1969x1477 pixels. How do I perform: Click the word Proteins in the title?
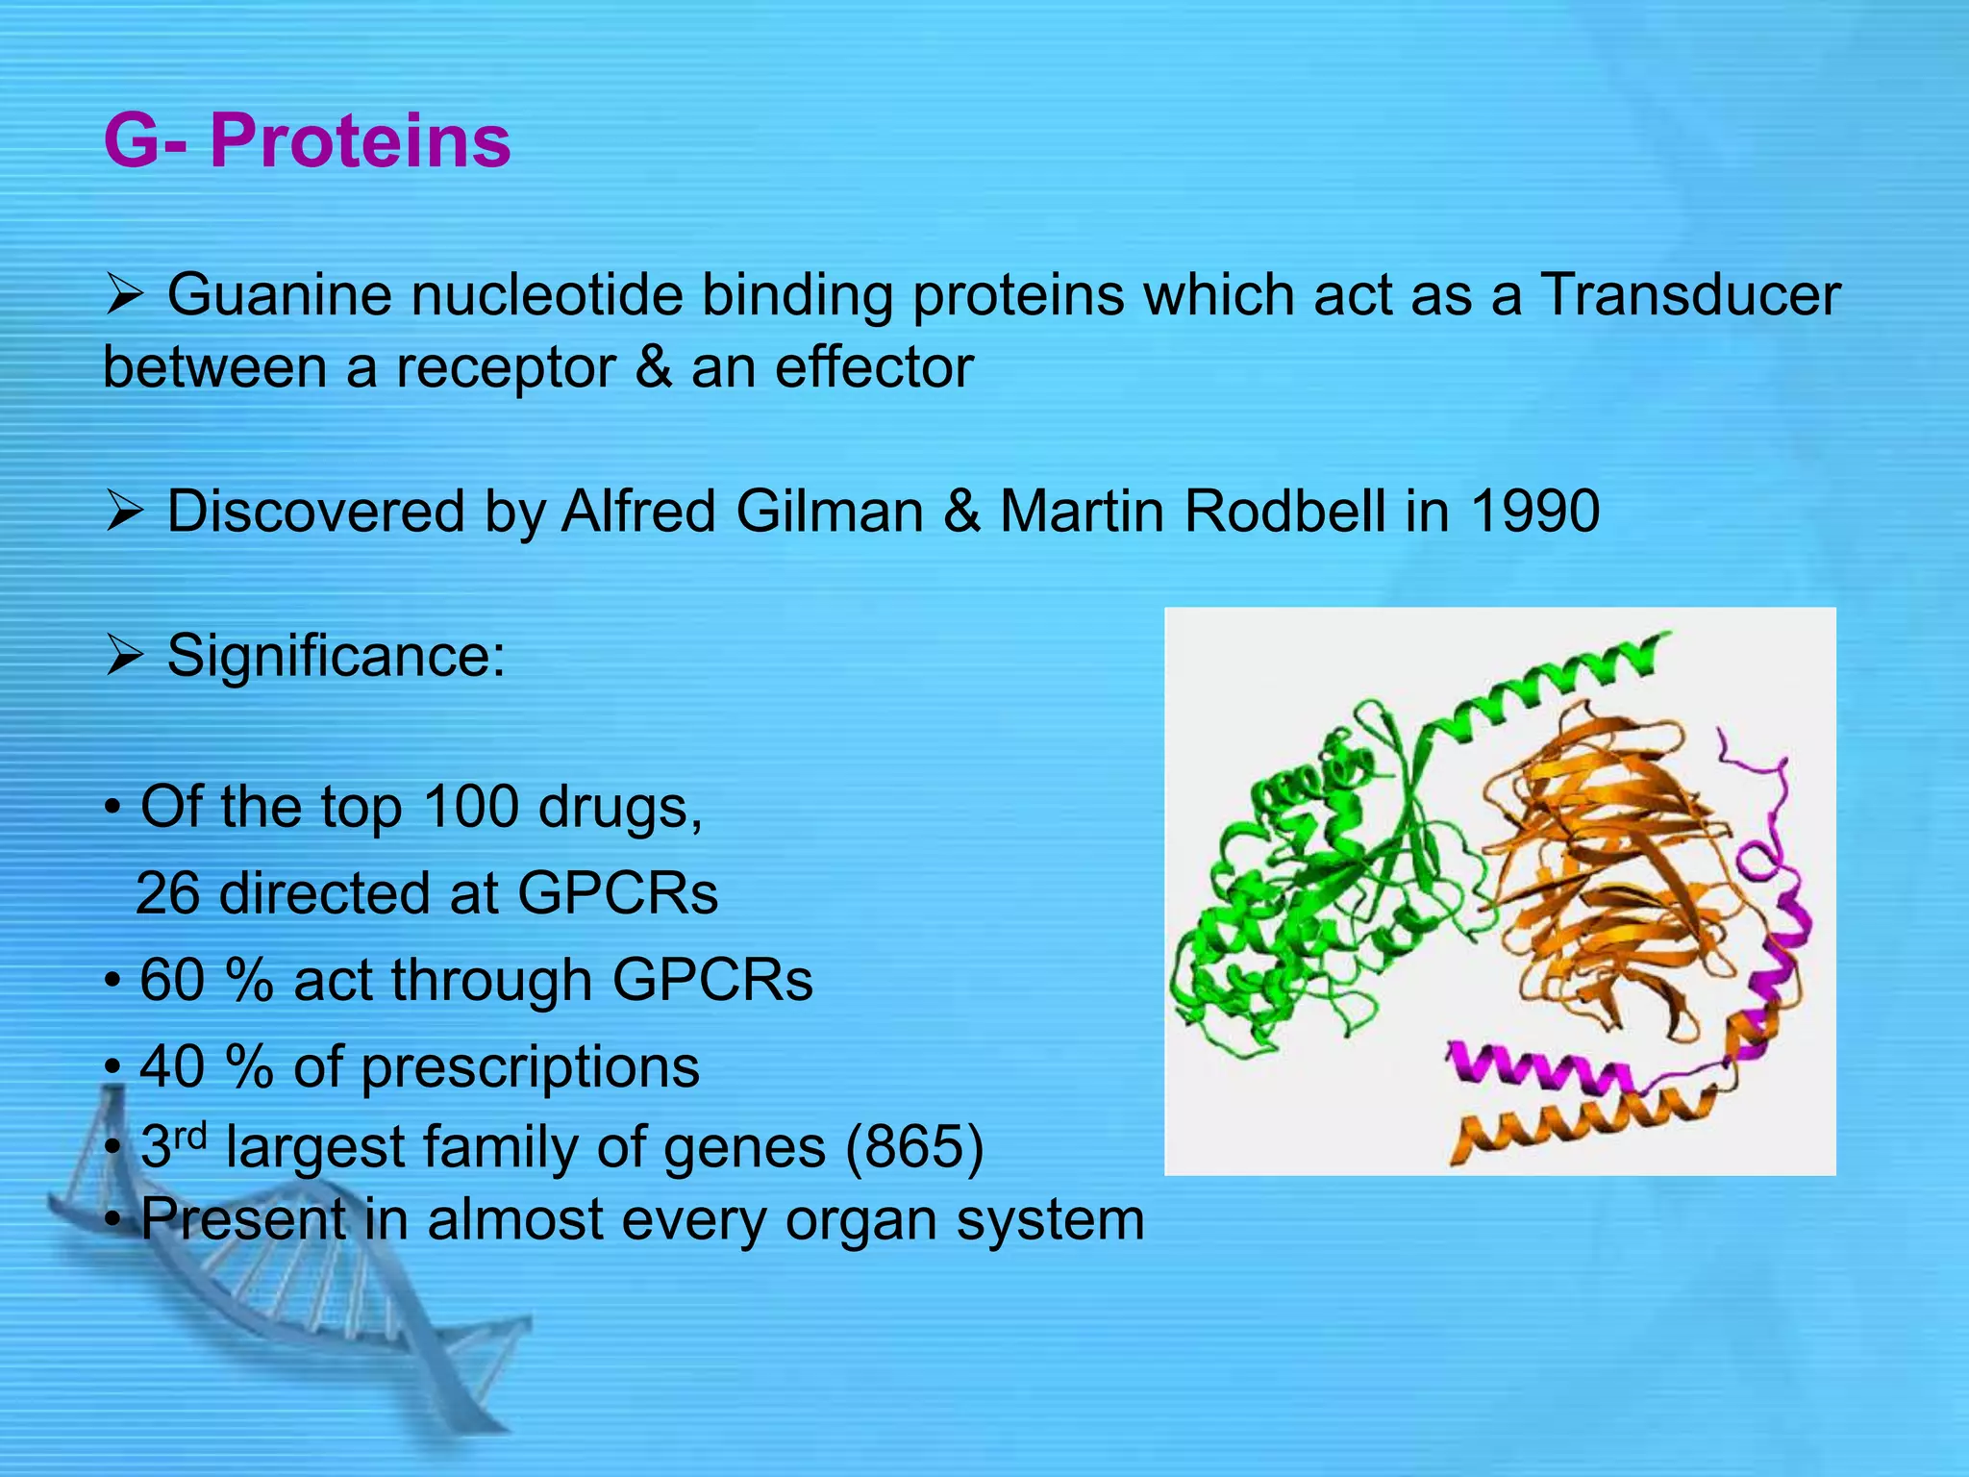[360, 141]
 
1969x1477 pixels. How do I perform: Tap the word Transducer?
[1691, 294]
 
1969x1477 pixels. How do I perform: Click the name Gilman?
[830, 511]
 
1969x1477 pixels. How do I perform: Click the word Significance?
[336, 657]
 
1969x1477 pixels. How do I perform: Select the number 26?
[168, 893]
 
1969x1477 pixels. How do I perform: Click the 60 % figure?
[206, 980]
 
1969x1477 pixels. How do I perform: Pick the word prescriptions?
[530, 1067]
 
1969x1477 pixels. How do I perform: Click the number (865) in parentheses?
[914, 1147]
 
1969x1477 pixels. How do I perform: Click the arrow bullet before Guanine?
[124, 296]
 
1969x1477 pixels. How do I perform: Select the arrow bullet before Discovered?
[124, 513]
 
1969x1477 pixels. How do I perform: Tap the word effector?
[874, 367]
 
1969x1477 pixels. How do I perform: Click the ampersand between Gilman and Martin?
[961, 511]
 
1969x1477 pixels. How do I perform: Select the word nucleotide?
[547, 294]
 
